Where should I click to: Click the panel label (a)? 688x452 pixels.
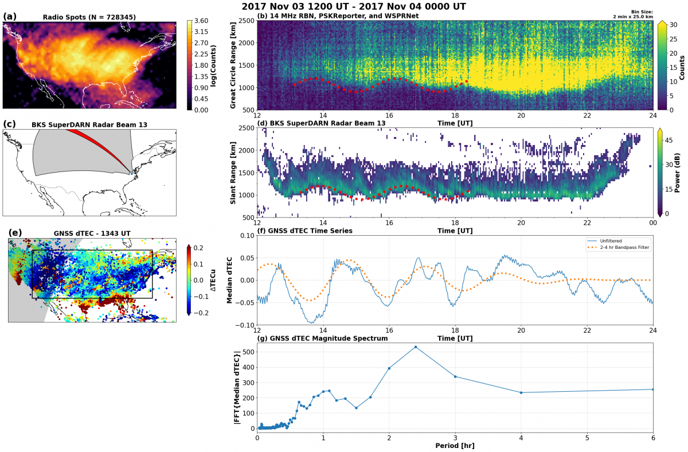point(10,17)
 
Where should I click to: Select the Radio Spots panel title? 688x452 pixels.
point(89,17)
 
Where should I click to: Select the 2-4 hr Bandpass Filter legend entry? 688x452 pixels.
point(619,247)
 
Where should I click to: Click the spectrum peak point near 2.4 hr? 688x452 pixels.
point(416,347)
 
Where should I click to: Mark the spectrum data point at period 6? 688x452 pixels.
point(653,389)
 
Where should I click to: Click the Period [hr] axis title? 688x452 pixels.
point(455,446)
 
